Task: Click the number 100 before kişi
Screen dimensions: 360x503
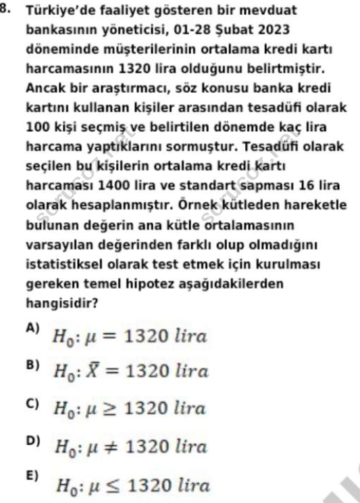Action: [x=36, y=126]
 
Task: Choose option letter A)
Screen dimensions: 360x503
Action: [x=32, y=328]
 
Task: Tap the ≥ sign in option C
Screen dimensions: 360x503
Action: [x=111, y=409]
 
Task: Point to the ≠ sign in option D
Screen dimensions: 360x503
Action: [x=111, y=447]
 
